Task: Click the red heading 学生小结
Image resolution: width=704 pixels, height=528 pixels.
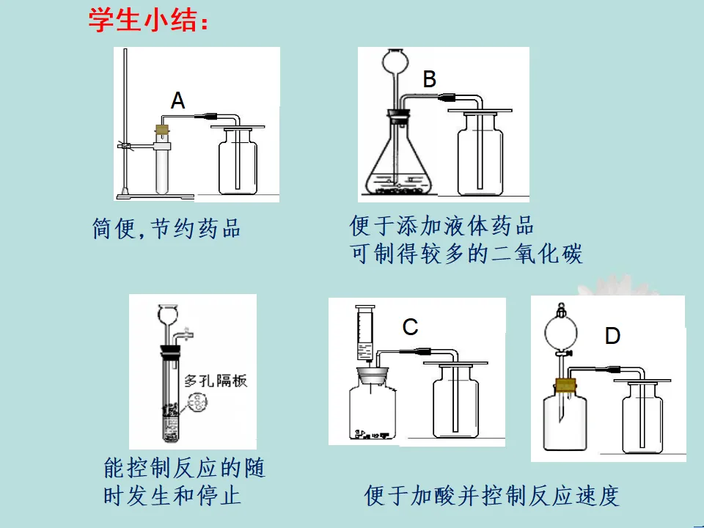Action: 148,21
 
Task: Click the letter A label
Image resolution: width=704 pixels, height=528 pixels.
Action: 177,100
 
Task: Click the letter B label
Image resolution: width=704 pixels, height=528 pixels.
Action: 429,79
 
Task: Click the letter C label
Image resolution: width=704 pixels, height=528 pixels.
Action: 411,327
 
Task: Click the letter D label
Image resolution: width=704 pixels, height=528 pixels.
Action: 612,336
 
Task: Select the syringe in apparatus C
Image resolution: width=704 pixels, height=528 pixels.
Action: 365,332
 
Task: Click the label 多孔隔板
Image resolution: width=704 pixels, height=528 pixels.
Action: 216,381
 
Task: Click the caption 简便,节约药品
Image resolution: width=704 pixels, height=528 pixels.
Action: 166,229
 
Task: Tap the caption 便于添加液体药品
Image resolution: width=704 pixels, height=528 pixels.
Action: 441,226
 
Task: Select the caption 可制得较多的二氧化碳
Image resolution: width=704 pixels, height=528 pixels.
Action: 466,254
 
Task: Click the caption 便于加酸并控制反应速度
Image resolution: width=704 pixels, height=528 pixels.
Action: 491,496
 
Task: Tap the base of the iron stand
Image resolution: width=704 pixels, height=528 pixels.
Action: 155,197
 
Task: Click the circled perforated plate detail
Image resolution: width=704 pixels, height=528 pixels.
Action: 197,403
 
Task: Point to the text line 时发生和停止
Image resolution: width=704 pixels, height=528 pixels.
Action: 172,496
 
